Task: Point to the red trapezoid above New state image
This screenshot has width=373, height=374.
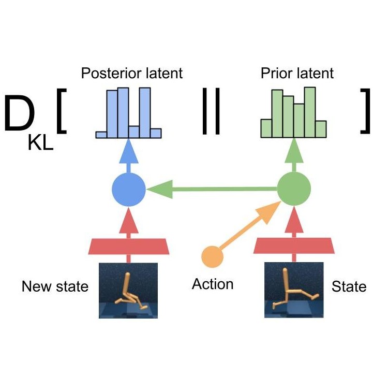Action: tap(128, 247)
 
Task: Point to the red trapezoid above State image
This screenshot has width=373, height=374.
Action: tap(294, 247)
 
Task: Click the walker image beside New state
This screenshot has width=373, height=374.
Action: tap(128, 290)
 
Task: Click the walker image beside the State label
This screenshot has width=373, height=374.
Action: tap(294, 290)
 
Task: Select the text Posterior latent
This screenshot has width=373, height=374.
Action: tap(132, 73)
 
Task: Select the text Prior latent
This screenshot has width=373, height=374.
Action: tap(296, 73)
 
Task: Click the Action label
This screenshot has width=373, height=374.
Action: tap(213, 284)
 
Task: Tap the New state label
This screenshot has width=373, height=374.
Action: tap(55, 286)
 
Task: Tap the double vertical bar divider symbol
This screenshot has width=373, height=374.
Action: tap(211, 113)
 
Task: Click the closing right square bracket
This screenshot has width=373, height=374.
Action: tap(366, 110)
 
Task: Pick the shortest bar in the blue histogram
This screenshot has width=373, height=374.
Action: tap(101, 135)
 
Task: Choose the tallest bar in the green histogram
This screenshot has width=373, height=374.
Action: tap(310, 111)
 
